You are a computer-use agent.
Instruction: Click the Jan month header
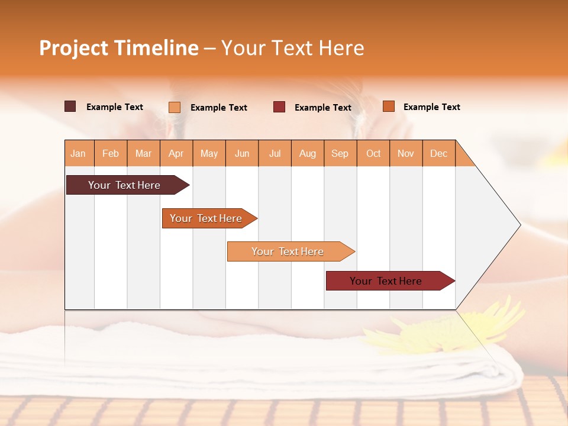79,153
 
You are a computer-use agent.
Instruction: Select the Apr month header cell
176,153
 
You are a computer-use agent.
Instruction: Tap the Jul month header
275,153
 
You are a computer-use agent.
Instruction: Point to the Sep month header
340,153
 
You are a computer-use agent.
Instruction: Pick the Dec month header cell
438,153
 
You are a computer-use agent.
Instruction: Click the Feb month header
111,153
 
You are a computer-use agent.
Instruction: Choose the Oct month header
373,153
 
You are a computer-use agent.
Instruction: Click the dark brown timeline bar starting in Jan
124,185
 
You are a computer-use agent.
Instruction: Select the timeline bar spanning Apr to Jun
206,218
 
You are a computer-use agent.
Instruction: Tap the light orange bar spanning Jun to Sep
288,251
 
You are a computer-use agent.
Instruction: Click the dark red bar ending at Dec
386,281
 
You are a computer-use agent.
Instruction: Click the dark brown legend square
70,106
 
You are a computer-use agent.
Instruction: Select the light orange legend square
175,107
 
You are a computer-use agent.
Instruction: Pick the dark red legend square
279,107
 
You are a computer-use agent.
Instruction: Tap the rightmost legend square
389,106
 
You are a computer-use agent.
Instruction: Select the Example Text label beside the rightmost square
431,107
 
